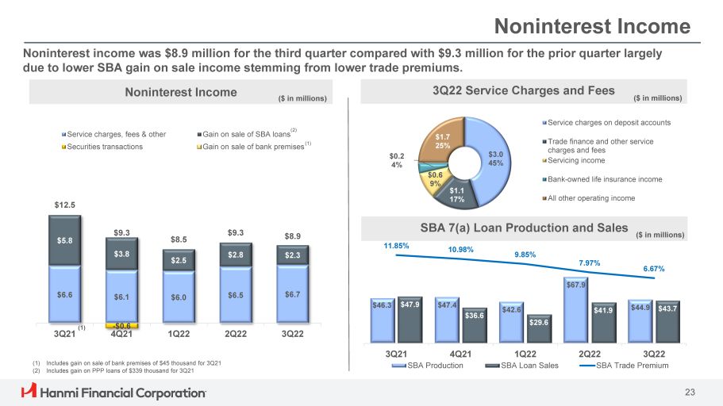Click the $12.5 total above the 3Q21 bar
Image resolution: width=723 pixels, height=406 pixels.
pyautogui.click(x=65, y=205)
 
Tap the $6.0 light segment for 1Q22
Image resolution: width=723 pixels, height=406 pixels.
pyautogui.click(x=179, y=296)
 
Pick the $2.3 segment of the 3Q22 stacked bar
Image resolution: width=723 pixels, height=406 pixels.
pyautogui.click(x=293, y=255)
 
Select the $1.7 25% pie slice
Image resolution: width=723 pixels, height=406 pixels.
pyautogui.click(x=443, y=141)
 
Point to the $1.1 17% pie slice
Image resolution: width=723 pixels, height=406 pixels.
pyautogui.click(x=456, y=193)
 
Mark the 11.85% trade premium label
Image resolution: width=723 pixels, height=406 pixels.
pyautogui.click(x=396, y=246)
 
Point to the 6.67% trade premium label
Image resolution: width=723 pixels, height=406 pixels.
pyautogui.click(x=653, y=269)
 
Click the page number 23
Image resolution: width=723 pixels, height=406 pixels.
pyautogui.click(x=690, y=392)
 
